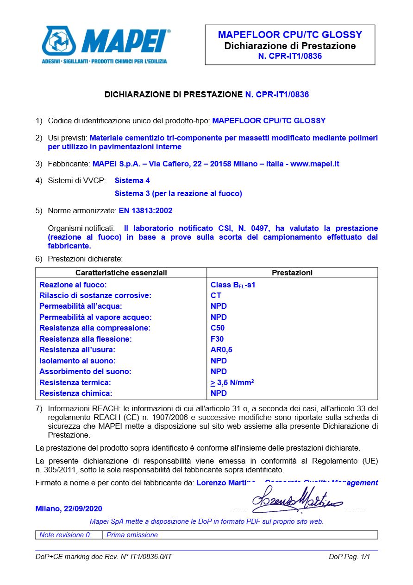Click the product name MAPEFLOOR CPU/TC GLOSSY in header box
tap(290, 35)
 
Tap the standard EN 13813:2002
tap(145, 210)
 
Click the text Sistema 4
tap(132, 180)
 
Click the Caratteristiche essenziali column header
tap(121, 273)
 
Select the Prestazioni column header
tap(292, 273)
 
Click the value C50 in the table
tap(218, 328)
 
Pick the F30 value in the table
tap(217, 339)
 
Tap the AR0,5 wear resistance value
tap(221, 350)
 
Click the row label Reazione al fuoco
tap(73, 285)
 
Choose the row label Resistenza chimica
tap(76, 394)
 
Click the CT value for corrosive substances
tap(216, 296)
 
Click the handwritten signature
tap(296, 500)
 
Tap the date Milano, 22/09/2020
tap(69, 509)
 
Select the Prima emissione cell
tap(132, 535)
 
